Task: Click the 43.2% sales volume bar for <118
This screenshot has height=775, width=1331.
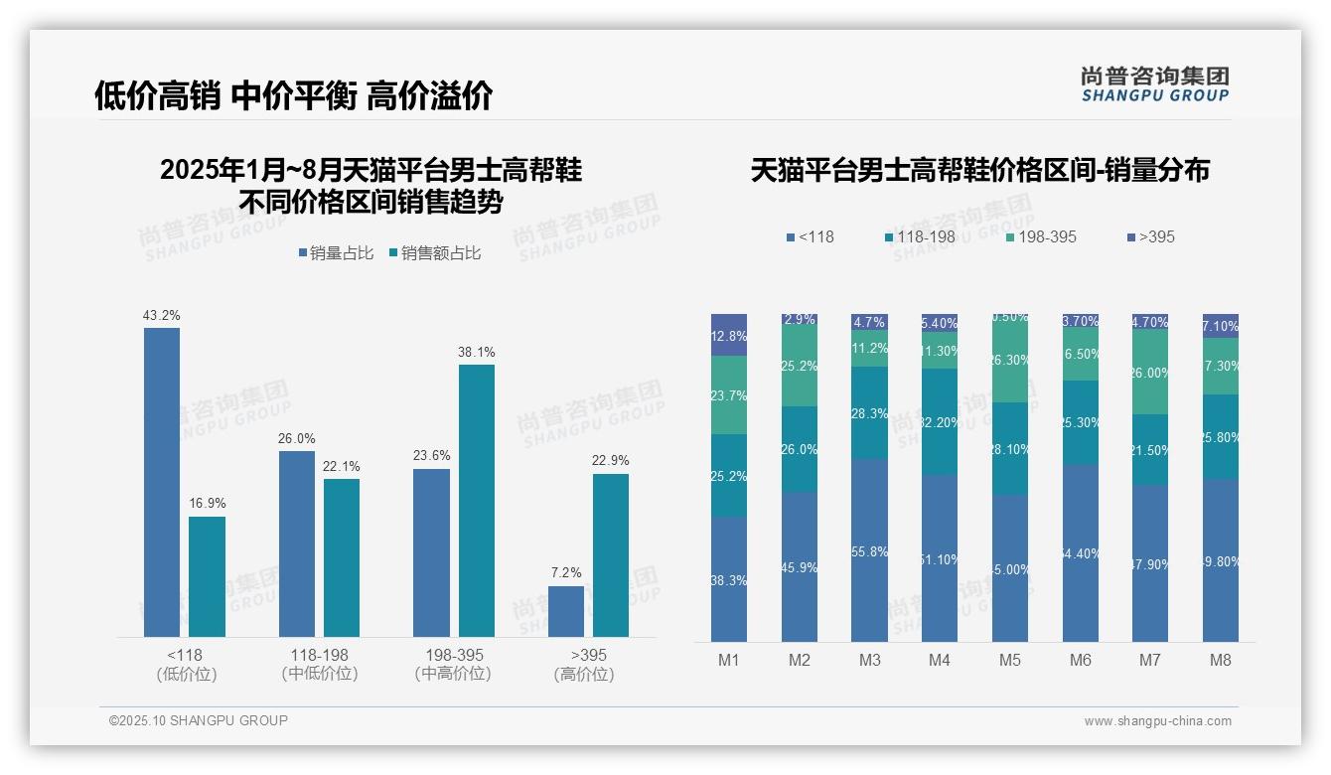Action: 162,482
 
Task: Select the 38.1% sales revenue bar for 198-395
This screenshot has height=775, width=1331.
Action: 476,500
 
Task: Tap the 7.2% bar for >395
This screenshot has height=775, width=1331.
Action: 566,611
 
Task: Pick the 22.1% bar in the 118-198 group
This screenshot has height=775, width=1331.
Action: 342,557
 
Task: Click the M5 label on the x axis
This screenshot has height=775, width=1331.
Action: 1010,660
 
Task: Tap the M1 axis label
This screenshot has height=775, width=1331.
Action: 729,660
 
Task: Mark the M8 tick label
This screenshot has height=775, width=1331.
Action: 1221,660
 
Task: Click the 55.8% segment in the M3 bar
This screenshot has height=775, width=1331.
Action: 869,549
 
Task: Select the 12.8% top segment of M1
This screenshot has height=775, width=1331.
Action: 729,335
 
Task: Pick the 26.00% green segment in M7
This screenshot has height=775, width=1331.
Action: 1150,372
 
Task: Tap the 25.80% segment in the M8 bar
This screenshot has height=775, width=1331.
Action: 1221,437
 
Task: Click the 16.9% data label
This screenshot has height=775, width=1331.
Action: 208,503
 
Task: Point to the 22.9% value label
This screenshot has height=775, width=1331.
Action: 611,460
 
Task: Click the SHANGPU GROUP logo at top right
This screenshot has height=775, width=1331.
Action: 1154,84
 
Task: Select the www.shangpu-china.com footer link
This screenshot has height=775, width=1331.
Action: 1157,721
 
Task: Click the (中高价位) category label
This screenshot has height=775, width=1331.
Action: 453,674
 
